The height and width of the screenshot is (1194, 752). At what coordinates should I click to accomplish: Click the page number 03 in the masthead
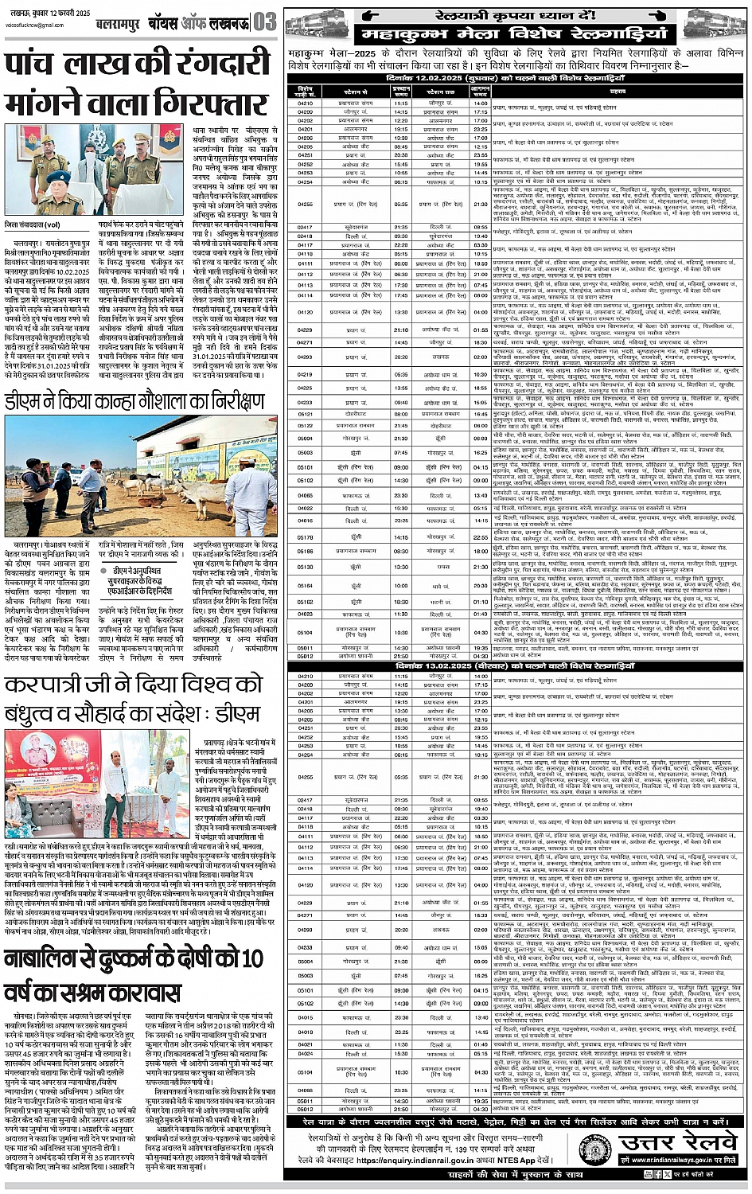point(266,21)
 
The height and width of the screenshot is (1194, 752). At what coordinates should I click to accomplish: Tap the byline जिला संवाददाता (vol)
point(35,224)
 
